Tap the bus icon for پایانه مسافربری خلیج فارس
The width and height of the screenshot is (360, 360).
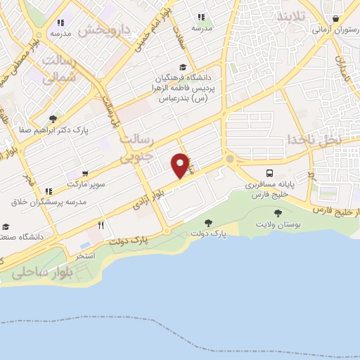(x=270, y=173)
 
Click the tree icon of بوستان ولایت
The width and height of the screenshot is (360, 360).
(x=278, y=212)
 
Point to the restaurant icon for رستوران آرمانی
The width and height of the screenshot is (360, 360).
(x=336, y=18)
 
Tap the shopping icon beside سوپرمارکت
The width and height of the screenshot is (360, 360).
(x=84, y=174)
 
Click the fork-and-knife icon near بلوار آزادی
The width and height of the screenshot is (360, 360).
(x=101, y=225)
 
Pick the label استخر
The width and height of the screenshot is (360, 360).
(x=85, y=255)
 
